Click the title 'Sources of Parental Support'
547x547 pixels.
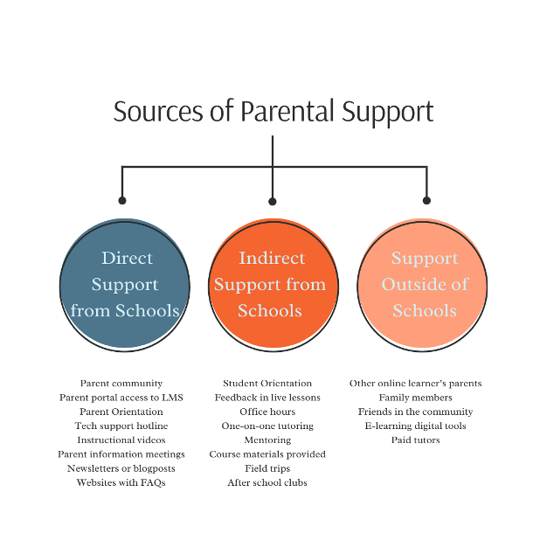[x=273, y=112]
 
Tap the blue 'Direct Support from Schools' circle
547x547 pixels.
[x=125, y=285]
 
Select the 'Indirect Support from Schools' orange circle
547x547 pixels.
[x=270, y=285]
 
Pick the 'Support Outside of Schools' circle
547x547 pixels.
[x=425, y=285]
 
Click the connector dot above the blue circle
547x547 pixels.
[x=122, y=200]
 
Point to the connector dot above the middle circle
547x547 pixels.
[x=273, y=201]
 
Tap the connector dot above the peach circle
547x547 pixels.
[x=426, y=200]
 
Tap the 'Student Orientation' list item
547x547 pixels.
[x=267, y=384]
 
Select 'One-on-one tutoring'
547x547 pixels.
[x=267, y=426]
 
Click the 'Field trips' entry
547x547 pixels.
[x=267, y=468]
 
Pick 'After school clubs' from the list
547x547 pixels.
[x=267, y=482]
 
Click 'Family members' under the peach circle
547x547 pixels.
[x=415, y=398]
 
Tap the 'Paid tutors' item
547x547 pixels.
[x=415, y=440]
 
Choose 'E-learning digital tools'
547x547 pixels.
[x=415, y=426]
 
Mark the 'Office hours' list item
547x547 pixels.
[x=267, y=412]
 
